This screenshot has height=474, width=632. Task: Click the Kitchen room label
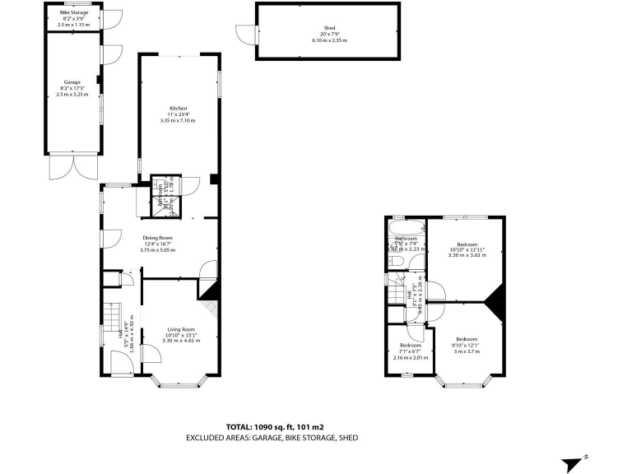[178, 109]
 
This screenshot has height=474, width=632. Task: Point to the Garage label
[72, 82]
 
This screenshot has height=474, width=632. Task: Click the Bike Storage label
[73, 12]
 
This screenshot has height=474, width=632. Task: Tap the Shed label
[329, 27]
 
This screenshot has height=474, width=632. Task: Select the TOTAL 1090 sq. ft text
[276, 427]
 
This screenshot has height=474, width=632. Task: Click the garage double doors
[72, 167]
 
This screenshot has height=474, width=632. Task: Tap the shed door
[244, 34]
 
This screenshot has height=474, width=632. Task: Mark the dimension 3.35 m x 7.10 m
[178, 121]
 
